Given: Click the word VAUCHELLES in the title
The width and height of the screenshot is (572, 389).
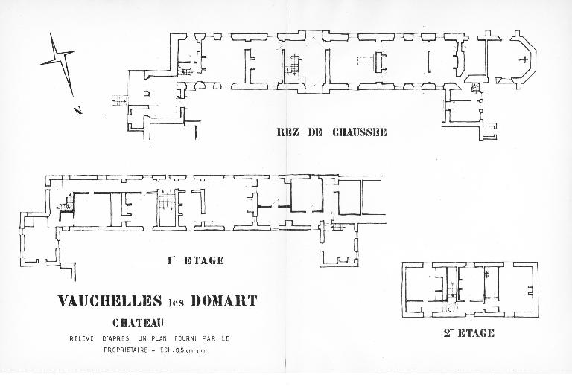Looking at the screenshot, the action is pos(109,300).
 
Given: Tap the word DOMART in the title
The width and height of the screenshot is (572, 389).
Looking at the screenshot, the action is pos(224,300).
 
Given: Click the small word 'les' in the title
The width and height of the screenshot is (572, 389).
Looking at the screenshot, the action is pos(177,303).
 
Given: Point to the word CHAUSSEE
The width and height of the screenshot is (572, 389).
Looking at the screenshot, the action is pos(359,132).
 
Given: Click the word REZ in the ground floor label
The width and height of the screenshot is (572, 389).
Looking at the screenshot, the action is pos(288,132).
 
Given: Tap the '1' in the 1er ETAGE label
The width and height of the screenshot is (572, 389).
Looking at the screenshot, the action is pos(170,260).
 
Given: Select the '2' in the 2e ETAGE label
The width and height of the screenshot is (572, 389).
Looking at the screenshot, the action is pos(447,333).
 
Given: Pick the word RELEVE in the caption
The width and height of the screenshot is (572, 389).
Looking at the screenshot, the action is pos(82,338).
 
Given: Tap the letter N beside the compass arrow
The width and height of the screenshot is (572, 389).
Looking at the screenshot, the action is pos(77,110).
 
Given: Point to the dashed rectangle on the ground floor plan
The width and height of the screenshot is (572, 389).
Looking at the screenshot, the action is pos(365,61).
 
